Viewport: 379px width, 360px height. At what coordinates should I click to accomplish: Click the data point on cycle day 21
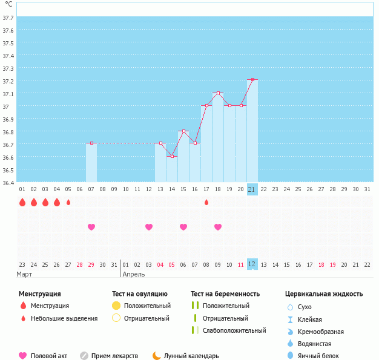[x=252, y=79]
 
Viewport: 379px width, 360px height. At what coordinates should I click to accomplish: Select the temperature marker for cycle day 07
[x=91, y=143]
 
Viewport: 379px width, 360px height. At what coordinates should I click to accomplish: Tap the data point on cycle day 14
[x=172, y=156]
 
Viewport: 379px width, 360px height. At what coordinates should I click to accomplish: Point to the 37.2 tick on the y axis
[x=8, y=81]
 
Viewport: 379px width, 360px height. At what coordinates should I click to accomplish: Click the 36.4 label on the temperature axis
[x=8, y=182]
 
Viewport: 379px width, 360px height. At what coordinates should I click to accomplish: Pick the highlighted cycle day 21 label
[x=252, y=189]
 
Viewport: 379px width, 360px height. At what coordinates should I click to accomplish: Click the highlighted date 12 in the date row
[x=252, y=264]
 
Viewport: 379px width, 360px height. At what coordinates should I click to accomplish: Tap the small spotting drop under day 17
[x=206, y=202]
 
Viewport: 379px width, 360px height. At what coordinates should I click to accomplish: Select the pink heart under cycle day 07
[x=91, y=227]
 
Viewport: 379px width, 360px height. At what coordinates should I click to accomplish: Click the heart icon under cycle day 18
[x=218, y=227]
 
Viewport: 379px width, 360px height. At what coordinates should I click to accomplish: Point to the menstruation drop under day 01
[x=22, y=202]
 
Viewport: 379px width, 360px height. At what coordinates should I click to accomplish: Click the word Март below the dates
[x=25, y=274]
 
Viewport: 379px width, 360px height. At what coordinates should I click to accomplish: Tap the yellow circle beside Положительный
[x=116, y=306]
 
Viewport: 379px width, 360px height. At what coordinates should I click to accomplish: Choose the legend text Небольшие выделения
[x=64, y=318]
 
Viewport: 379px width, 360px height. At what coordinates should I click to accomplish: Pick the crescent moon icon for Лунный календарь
[x=156, y=356]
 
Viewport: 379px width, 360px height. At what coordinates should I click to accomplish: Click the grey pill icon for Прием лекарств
[x=84, y=356]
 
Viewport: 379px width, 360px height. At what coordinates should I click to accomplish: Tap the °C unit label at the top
[x=8, y=4]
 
